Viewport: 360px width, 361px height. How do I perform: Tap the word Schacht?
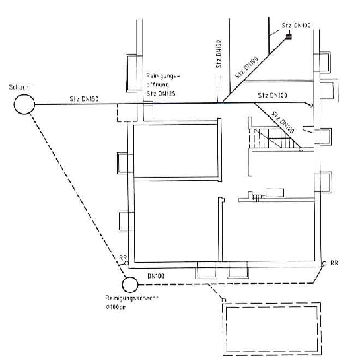(x=20, y=87)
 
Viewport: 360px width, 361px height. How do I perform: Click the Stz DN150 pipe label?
(x=84, y=99)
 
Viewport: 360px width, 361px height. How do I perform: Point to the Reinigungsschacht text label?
(x=131, y=298)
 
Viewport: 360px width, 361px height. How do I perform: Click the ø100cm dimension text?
(x=116, y=307)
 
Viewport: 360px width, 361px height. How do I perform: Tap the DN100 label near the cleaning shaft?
(x=156, y=276)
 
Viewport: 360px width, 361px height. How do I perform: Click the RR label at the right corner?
(x=334, y=263)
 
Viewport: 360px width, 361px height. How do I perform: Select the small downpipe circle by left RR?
(x=126, y=263)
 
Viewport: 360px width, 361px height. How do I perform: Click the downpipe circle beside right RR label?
(x=324, y=263)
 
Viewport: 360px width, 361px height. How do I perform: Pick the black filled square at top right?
(x=289, y=36)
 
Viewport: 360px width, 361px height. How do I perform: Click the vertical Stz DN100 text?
(x=219, y=54)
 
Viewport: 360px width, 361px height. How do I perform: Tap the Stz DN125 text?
(x=161, y=94)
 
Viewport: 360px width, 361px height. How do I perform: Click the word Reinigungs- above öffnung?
(x=163, y=76)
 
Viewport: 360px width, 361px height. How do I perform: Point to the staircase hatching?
(x=272, y=138)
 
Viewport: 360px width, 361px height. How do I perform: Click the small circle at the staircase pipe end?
(x=301, y=150)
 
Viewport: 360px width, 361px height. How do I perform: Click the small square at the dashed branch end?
(x=223, y=300)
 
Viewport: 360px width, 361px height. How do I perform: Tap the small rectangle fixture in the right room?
(x=275, y=193)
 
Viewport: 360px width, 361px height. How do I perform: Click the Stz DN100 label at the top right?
(x=296, y=25)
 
